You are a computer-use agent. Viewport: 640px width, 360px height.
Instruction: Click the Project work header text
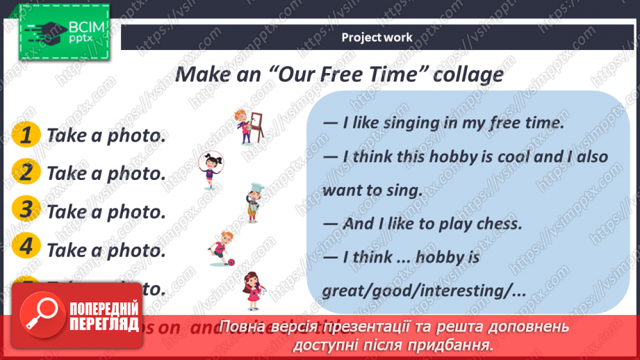pos(377,38)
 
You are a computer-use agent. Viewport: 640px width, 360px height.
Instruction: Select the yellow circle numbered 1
pos(26,134)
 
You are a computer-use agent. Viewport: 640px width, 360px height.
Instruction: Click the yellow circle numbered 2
pos(26,172)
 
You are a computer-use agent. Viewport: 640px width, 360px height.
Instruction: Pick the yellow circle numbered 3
pos(26,209)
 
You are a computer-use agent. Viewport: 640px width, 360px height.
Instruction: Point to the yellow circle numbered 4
pos(26,247)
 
